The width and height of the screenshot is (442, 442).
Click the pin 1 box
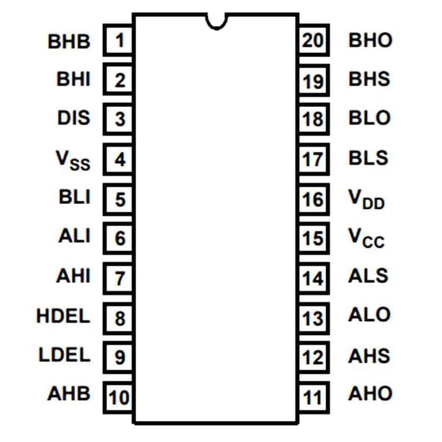coord(119,40)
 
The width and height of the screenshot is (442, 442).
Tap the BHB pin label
coord(69,41)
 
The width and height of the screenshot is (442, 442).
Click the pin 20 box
coord(313,40)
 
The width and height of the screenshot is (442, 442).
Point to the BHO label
coord(370,40)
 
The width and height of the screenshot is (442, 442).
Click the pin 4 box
coord(119,160)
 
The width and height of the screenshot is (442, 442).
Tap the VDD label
coord(366,199)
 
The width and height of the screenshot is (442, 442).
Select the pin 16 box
coord(313,199)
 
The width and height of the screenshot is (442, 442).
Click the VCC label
coord(366,238)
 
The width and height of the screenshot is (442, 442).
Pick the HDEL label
coord(64,316)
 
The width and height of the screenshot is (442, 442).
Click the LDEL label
coord(65,355)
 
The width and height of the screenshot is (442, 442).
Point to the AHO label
coord(370,393)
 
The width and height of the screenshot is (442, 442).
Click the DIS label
coord(74,118)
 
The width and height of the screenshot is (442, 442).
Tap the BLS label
coord(368,158)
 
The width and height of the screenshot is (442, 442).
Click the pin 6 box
coord(119,239)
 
